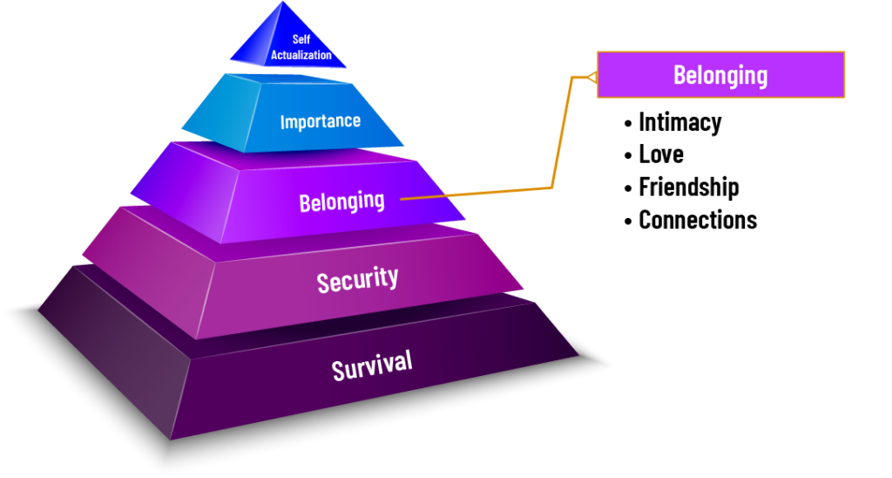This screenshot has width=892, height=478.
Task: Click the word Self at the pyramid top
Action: tap(301, 39)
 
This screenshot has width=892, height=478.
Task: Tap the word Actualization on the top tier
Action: tap(301, 55)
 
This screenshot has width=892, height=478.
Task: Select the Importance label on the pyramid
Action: tap(321, 121)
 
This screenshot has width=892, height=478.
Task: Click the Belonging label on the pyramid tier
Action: tap(341, 201)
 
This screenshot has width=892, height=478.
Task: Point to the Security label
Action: tap(357, 280)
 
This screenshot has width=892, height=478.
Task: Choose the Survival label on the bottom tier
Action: tap(372, 365)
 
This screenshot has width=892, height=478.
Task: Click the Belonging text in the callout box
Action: tap(720, 75)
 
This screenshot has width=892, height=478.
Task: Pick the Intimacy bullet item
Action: tap(679, 122)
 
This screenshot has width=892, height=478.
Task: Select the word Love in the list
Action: tap(661, 154)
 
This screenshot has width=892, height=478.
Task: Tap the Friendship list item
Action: tap(689, 187)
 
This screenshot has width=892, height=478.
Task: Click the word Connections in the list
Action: tap(698, 220)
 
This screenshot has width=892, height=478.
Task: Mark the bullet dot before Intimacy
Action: tap(628, 123)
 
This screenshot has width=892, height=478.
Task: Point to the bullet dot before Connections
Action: tap(628, 221)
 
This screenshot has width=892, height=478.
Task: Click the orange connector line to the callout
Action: tap(551, 188)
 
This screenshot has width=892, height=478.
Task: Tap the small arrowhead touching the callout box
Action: tap(591, 77)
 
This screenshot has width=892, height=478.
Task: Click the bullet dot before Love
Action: tap(628, 155)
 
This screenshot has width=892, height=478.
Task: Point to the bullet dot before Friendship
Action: tap(628, 188)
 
